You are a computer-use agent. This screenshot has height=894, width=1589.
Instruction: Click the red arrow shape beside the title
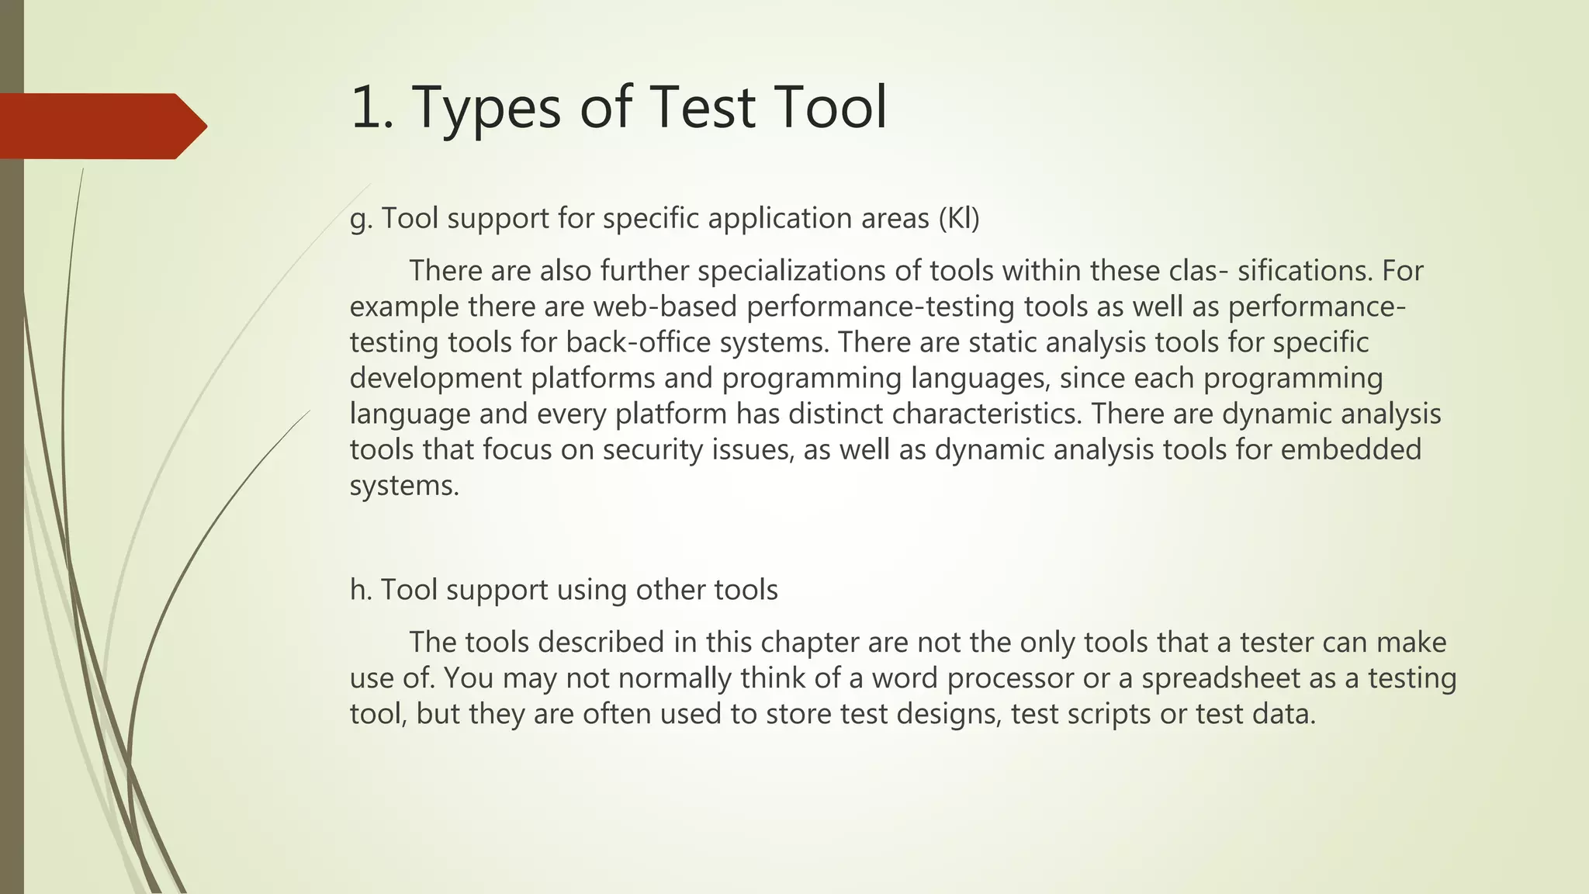tap(101, 126)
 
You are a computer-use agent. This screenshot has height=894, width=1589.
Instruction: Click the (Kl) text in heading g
tap(959, 219)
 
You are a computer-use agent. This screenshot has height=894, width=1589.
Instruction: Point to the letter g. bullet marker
tap(362, 220)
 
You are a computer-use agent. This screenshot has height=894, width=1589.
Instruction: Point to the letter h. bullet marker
tap(362, 590)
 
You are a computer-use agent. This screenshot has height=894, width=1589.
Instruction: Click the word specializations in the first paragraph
tap(804, 271)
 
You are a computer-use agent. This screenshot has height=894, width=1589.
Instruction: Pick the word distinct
tap(836, 414)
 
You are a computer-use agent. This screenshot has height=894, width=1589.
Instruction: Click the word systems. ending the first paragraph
tap(404, 486)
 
